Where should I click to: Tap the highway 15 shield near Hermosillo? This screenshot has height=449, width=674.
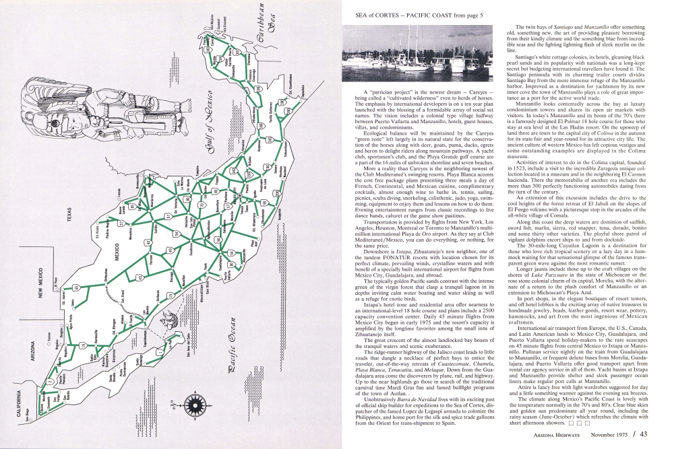[x=84, y=345]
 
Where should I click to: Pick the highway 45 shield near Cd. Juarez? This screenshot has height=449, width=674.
[x=76, y=287]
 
